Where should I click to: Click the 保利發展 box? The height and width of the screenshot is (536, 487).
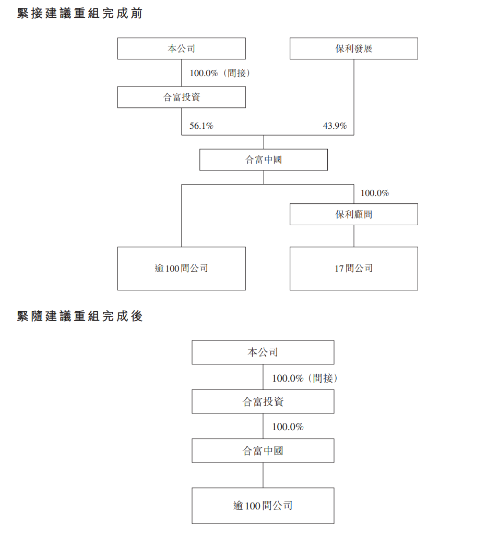[353, 48]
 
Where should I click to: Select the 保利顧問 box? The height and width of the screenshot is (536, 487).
[353, 214]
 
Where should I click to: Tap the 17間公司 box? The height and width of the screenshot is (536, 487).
[353, 269]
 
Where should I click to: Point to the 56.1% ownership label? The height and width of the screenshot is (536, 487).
[201, 126]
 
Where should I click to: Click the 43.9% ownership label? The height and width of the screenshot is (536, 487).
[335, 126]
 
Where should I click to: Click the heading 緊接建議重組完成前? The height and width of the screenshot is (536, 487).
[80, 14]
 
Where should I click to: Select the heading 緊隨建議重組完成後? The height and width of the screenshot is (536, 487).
[80, 316]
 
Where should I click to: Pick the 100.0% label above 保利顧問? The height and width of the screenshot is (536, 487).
[375, 193]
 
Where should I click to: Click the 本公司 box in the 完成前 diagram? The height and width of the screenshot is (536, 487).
[181, 48]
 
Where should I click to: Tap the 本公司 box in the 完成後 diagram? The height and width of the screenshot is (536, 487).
[263, 352]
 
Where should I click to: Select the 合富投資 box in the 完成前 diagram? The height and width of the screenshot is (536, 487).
[181, 97]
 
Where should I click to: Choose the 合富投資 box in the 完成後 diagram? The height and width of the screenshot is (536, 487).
[263, 401]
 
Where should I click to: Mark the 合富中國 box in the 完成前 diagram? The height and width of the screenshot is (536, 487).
[264, 160]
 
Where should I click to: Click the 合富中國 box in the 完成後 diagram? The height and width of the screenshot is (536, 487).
[263, 450]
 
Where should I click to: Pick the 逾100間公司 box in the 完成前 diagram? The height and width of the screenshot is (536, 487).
[181, 269]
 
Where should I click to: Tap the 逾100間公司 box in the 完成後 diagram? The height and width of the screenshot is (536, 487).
[263, 506]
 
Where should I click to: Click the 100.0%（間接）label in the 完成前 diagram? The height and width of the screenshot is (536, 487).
[220, 73]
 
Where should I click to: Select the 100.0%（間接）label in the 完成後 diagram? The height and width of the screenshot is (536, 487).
[305, 378]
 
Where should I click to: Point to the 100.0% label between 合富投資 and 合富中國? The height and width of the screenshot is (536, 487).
[288, 427]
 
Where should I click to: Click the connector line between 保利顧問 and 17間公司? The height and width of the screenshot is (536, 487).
[354, 236]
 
